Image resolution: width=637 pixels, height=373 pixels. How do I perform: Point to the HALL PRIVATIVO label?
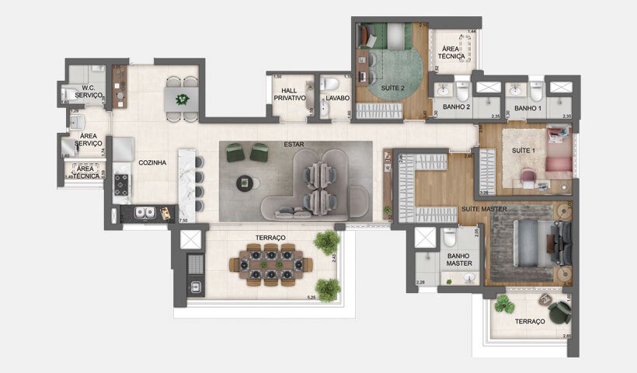click(x=290, y=95)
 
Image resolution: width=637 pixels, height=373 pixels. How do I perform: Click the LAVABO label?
click(x=338, y=99)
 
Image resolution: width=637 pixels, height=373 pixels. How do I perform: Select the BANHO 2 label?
click(x=456, y=106)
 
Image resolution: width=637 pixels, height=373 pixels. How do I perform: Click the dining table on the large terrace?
click(x=271, y=263)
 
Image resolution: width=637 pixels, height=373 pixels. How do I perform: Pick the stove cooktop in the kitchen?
click(x=122, y=183)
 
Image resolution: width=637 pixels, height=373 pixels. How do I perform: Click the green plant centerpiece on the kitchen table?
click(x=183, y=99)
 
